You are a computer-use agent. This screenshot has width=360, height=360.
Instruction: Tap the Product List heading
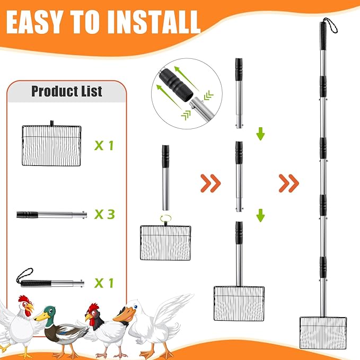coord(66,91)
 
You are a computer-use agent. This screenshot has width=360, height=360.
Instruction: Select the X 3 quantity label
coord(104,214)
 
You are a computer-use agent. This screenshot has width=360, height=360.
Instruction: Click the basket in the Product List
coord(51,137)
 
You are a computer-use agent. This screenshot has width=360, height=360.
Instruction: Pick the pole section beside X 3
coord(50,215)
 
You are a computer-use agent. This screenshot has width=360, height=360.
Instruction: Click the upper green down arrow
coord(260,134)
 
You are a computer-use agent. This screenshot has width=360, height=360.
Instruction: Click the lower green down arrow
coord(260,215)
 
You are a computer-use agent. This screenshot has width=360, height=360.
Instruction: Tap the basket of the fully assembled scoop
coord(324,332)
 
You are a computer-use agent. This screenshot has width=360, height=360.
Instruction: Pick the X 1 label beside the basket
coord(104,145)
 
